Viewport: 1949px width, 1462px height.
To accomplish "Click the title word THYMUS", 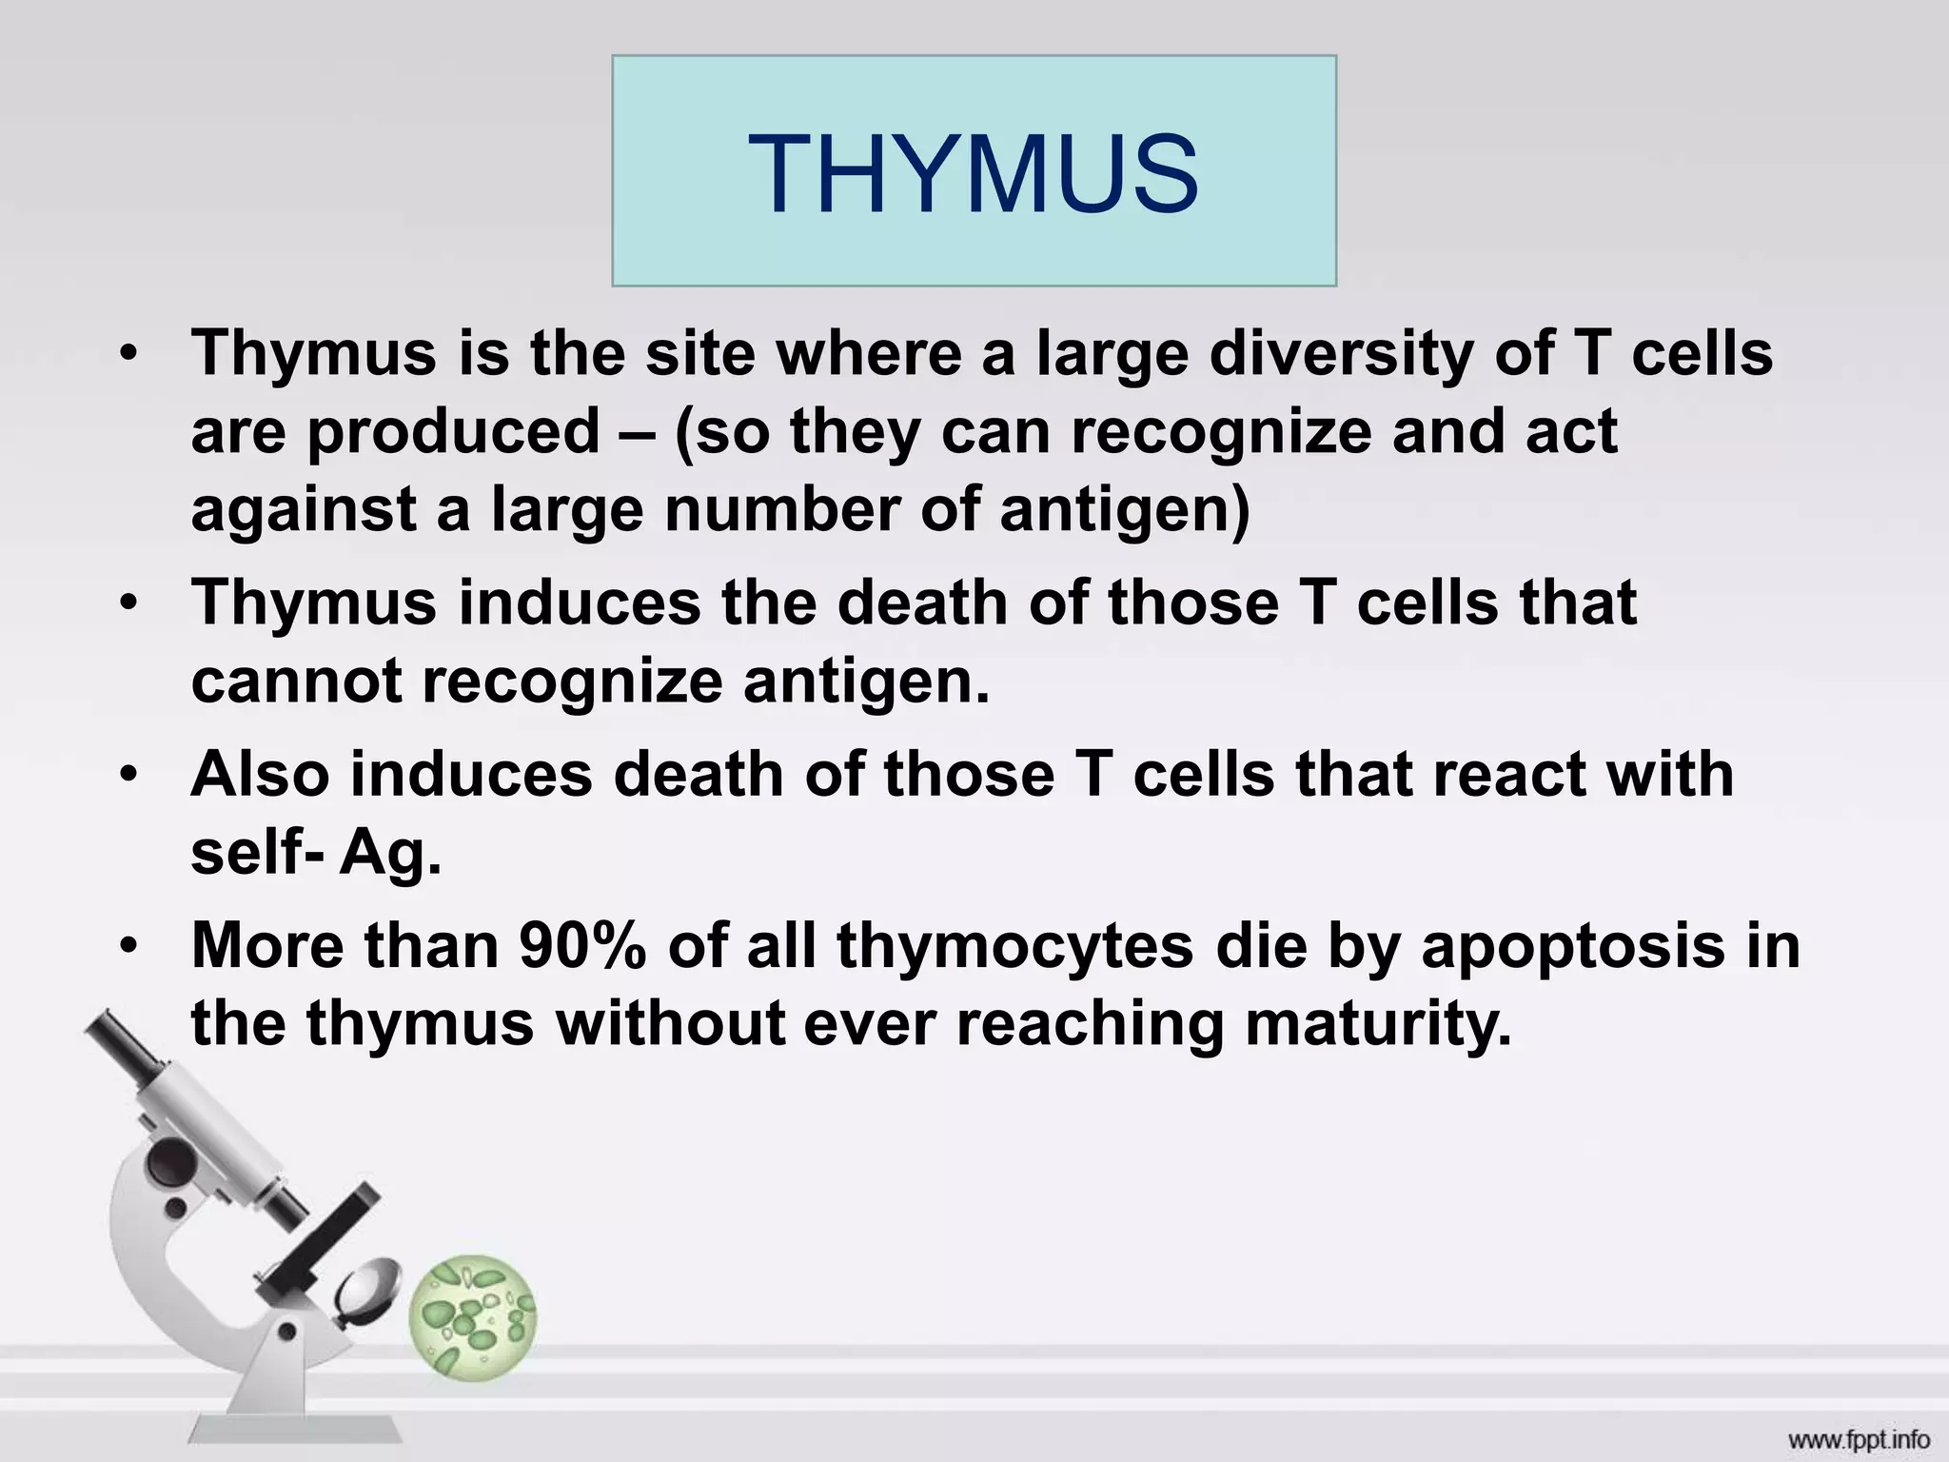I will point(973,173).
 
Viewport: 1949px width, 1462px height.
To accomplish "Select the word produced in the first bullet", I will point(453,431).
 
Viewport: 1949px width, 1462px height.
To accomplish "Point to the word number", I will point(781,509).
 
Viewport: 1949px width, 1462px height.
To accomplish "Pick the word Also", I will point(258,773).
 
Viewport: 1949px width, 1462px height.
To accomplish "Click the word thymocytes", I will point(1015,947).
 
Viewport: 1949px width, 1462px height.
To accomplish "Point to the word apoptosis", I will point(1572,947).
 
